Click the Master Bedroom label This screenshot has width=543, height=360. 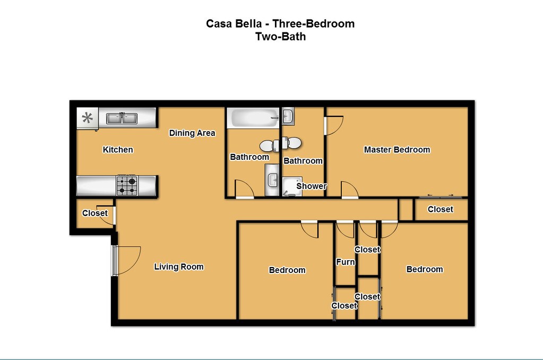397,150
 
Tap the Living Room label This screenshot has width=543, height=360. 179,267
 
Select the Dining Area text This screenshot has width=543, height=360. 192,133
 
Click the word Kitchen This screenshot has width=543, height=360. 118,150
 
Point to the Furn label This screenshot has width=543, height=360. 346,262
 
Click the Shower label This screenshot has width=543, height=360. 312,186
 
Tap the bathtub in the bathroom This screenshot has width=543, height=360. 253,118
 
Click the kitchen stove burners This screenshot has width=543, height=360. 127,185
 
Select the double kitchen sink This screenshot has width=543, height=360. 122,118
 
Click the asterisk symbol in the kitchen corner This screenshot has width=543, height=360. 87,118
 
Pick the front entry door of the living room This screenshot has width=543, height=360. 126,261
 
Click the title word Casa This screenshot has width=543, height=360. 219,23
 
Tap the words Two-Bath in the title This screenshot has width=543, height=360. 280,37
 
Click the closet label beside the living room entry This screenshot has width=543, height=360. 95,213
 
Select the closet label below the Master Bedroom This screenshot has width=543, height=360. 440,209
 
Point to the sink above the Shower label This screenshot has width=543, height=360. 288,116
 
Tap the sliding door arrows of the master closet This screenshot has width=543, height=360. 440,195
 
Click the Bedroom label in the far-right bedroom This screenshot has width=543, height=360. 425,269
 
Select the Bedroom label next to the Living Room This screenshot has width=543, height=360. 287,270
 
